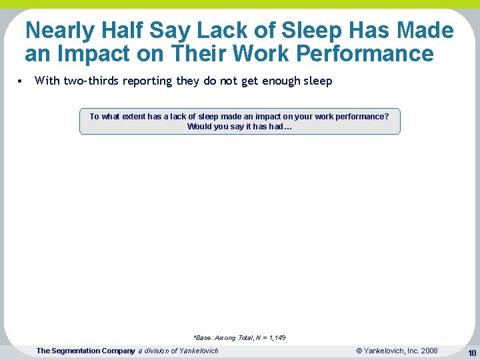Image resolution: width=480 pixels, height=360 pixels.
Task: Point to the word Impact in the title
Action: (x=100, y=53)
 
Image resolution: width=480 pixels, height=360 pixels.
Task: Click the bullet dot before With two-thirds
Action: (x=21, y=81)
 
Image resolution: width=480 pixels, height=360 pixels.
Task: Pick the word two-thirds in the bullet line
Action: (x=91, y=81)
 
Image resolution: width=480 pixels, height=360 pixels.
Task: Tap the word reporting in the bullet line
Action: (x=148, y=81)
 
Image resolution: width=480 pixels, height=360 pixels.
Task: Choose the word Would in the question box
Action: (x=199, y=127)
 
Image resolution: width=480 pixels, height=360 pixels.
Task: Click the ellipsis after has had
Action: (x=288, y=127)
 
